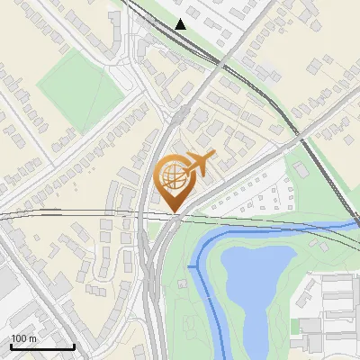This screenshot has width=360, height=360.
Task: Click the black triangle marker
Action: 182,24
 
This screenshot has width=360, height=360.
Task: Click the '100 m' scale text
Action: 23,338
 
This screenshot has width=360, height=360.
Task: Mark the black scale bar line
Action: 41,346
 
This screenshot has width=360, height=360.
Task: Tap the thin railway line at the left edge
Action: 18,216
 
